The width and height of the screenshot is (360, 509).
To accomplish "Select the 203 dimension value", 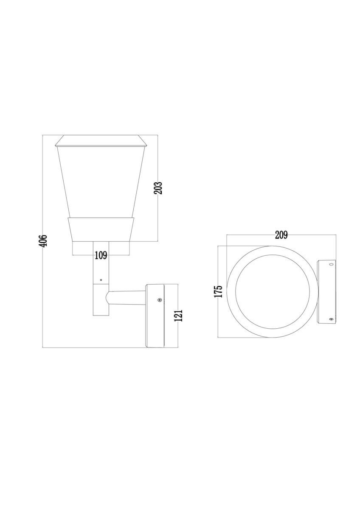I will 158,188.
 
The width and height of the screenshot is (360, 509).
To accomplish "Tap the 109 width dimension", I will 101,255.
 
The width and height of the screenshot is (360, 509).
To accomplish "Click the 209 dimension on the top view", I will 281,235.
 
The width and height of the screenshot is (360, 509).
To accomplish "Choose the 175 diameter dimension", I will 218,291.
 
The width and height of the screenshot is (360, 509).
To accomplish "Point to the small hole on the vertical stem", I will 101,280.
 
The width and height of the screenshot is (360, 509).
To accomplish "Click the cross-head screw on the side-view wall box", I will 160,300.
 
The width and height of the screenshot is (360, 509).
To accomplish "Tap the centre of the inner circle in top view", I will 272,291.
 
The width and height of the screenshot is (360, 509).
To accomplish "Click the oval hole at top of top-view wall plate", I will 331,265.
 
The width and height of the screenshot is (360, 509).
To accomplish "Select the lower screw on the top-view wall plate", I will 331,319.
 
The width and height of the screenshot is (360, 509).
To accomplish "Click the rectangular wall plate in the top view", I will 326,291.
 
